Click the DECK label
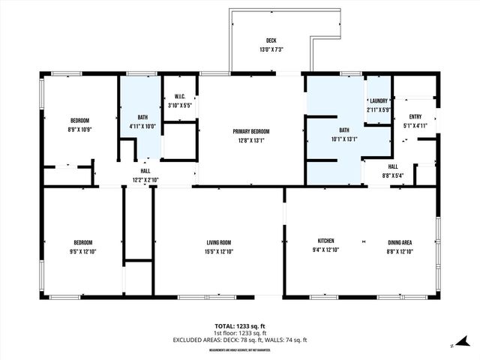(x=271, y=40)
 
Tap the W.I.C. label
(x=179, y=95)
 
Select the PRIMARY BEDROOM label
(x=251, y=131)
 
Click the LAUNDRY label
(x=377, y=101)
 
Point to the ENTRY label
(x=415, y=116)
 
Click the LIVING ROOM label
(x=218, y=241)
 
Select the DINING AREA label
(x=399, y=241)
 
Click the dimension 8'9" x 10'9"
(x=80, y=130)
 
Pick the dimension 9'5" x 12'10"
(x=82, y=250)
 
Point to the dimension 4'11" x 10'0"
(x=142, y=126)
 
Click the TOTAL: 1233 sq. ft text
(x=240, y=326)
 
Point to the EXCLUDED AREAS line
(x=240, y=340)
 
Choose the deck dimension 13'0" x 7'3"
(x=271, y=49)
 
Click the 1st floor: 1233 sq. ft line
(x=240, y=333)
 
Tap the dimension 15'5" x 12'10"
(x=218, y=250)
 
